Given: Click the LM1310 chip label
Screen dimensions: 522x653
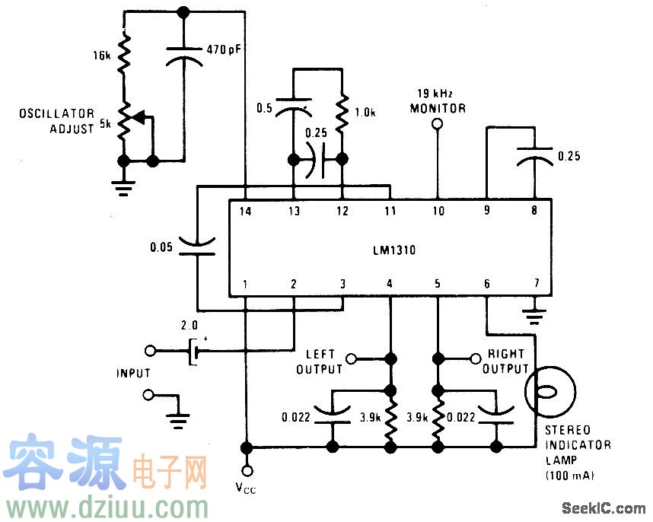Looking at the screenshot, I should coord(389,249).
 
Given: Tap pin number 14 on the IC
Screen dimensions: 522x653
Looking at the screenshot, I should coord(245,212).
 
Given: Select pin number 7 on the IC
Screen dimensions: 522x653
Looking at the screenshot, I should coord(536,285).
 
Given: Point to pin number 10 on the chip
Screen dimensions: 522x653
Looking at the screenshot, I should coord(438,212).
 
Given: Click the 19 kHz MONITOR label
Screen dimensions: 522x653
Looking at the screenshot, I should coord(438,102).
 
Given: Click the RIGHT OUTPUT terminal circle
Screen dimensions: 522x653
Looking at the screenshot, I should coord(473,356).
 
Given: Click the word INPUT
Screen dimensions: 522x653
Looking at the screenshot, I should coord(133,374).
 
